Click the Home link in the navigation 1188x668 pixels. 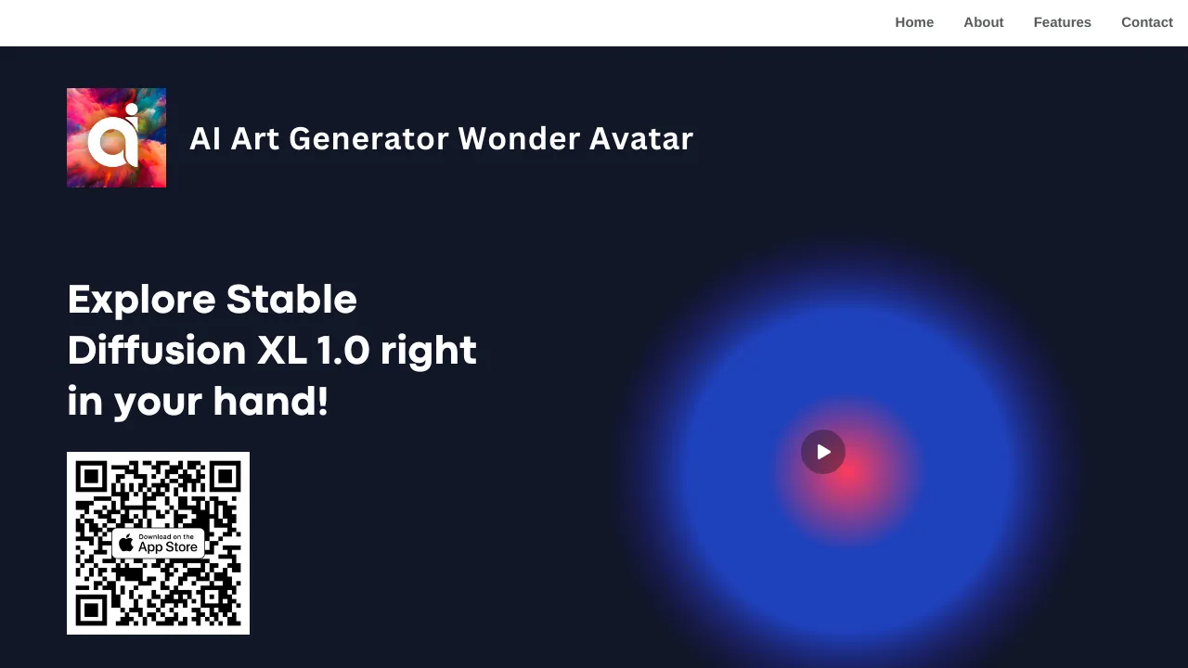tap(914, 22)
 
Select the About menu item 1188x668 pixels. tap(983, 22)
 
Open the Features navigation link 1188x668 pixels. tap(1062, 22)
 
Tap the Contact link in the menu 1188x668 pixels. tap(1146, 22)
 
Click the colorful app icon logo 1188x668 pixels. tap(116, 137)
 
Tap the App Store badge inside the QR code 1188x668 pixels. tap(158, 543)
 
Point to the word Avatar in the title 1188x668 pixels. tap(641, 139)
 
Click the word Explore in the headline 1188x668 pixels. tap(141, 301)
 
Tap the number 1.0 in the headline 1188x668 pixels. tap(343, 352)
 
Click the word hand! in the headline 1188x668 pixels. tap(270, 403)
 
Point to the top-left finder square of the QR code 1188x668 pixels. tap(91, 477)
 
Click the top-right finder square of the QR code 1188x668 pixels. tap(225, 477)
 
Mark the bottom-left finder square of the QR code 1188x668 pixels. tap(91, 610)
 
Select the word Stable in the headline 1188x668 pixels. tap(291, 301)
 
